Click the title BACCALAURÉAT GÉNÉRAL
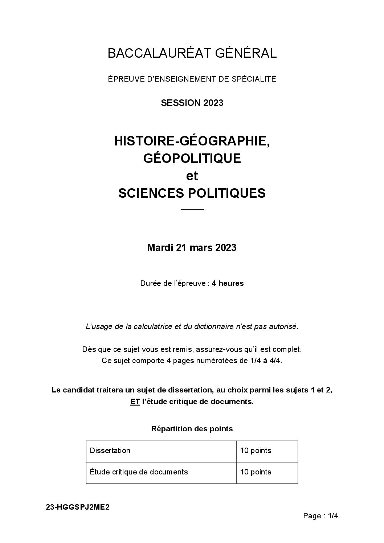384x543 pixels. coord(192,53)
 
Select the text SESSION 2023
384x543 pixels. coord(192,103)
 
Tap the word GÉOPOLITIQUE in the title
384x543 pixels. coord(192,158)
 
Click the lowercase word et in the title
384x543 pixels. coord(192,176)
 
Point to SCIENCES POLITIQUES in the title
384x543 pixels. coord(192,193)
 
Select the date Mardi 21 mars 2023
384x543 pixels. coord(192,248)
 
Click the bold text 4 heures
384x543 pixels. coord(228,283)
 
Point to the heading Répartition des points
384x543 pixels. coord(192,429)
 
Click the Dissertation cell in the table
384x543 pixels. coord(110,451)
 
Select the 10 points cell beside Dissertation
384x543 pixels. coord(256,451)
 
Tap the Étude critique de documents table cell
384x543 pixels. coord(139,472)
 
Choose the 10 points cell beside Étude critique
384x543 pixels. coord(256,472)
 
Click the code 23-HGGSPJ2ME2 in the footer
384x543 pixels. coord(78,507)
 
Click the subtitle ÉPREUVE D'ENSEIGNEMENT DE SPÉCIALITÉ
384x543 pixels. coord(192,79)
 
